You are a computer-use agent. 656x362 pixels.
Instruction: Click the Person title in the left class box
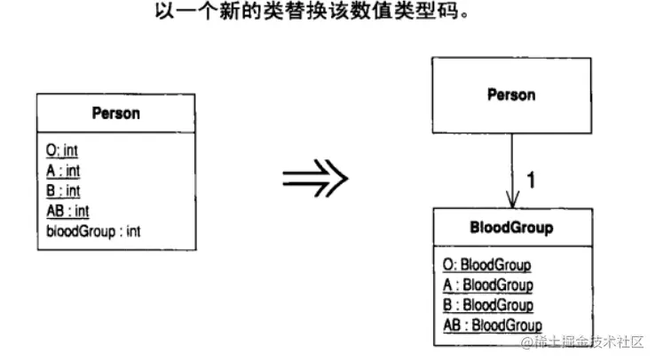click(115, 113)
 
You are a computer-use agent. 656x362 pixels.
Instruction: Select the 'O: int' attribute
click(62, 152)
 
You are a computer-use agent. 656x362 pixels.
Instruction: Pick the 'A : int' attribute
click(63, 171)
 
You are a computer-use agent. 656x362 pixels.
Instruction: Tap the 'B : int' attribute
click(63, 190)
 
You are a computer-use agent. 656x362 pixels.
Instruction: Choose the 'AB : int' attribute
click(67, 210)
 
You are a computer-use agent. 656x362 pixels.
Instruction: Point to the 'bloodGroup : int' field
click(93, 230)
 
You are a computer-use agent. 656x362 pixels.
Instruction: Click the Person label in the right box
click(511, 94)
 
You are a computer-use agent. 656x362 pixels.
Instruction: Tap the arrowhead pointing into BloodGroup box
click(511, 201)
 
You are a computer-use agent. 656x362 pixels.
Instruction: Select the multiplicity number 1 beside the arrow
click(531, 181)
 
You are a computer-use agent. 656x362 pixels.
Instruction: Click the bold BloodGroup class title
click(510, 228)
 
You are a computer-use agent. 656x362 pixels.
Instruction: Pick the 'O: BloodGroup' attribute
click(486, 264)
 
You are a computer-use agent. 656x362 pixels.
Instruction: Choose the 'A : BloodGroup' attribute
click(487, 285)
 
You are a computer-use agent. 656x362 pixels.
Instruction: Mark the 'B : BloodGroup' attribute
click(487, 305)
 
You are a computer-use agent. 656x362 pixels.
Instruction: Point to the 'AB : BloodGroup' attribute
click(492, 326)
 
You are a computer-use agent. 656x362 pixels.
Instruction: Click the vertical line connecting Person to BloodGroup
click(511, 165)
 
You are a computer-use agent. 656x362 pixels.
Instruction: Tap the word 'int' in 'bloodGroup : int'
click(132, 230)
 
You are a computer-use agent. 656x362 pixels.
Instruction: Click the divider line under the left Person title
click(115, 133)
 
